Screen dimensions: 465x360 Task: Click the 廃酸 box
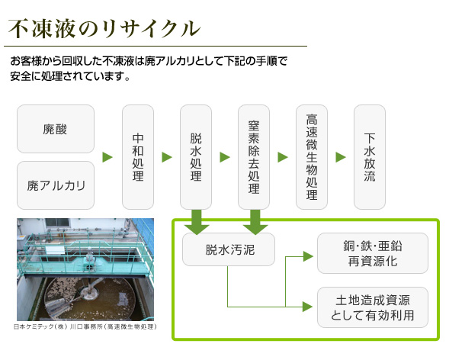[56, 129]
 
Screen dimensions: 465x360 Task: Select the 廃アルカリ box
[56, 185]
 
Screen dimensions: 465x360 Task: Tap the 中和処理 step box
[138, 157]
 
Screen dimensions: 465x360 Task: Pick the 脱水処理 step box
[196, 157]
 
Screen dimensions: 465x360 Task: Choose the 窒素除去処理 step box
[254, 157]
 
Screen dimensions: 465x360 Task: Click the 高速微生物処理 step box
[312, 157]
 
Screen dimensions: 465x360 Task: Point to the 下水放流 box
[370, 157]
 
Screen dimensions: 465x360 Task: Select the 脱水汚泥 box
[229, 249]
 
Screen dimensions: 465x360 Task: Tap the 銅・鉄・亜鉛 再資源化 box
[373, 253]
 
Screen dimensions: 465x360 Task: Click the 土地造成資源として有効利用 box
[373, 307]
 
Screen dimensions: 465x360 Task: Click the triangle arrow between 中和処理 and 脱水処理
[167, 157]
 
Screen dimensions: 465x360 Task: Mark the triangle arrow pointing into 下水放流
[341, 157]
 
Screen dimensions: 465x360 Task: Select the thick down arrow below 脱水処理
[197, 222]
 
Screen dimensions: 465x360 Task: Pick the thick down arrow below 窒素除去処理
[255, 222]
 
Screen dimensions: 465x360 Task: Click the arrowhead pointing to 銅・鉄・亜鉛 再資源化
[308, 256]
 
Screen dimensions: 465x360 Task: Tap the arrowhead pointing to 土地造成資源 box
[307, 307]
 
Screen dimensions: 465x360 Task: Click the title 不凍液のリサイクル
[104, 29]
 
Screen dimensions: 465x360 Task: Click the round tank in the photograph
[89, 298]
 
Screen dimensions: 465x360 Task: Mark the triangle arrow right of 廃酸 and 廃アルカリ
[107, 157]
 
